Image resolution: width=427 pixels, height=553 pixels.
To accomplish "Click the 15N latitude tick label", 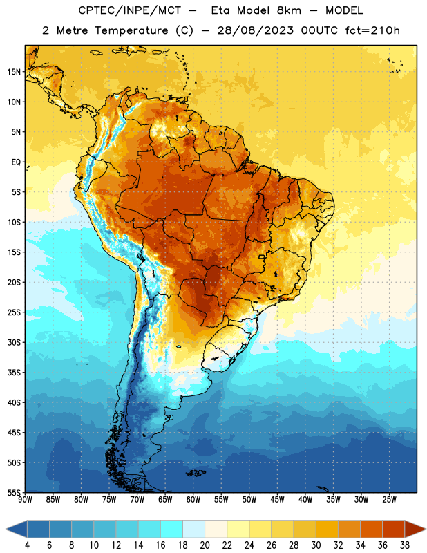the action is tap(14, 72).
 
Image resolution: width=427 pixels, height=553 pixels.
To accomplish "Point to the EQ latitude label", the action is tap(16, 162).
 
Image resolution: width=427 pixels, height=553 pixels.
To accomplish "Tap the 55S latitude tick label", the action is tap(14, 492).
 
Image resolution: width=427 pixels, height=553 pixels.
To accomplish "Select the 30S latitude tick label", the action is tap(14, 342).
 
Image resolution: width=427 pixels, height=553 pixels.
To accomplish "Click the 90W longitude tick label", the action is tap(26, 500).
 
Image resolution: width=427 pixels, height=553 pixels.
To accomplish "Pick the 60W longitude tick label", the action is tap(193, 500).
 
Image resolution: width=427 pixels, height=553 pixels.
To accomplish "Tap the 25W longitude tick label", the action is tap(389, 500).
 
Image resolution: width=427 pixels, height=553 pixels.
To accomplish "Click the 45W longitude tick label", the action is tap(278, 500).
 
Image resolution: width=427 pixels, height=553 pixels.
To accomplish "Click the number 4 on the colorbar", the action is tap(27, 545).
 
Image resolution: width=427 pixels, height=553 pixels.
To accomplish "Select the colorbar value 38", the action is tap(405, 545).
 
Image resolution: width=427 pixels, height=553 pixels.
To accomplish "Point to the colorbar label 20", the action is tap(205, 545).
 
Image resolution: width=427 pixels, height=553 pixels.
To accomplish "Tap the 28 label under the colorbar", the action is tap(294, 545).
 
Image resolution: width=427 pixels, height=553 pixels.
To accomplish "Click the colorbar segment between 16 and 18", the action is tap(172, 529).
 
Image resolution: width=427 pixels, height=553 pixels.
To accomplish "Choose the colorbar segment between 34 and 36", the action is tap(372, 529).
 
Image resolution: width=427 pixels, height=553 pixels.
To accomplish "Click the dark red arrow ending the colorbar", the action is tap(415, 529).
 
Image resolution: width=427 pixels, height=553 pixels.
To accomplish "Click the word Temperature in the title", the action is tap(131, 30).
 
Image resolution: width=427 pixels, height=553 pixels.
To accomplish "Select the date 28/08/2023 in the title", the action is tap(255, 30).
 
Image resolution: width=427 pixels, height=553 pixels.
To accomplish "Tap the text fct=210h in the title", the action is tap(372, 30).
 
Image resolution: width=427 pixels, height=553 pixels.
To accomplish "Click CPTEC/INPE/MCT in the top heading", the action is tap(130, 10).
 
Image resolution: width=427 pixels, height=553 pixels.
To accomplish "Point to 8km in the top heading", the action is tap(289, 10).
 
